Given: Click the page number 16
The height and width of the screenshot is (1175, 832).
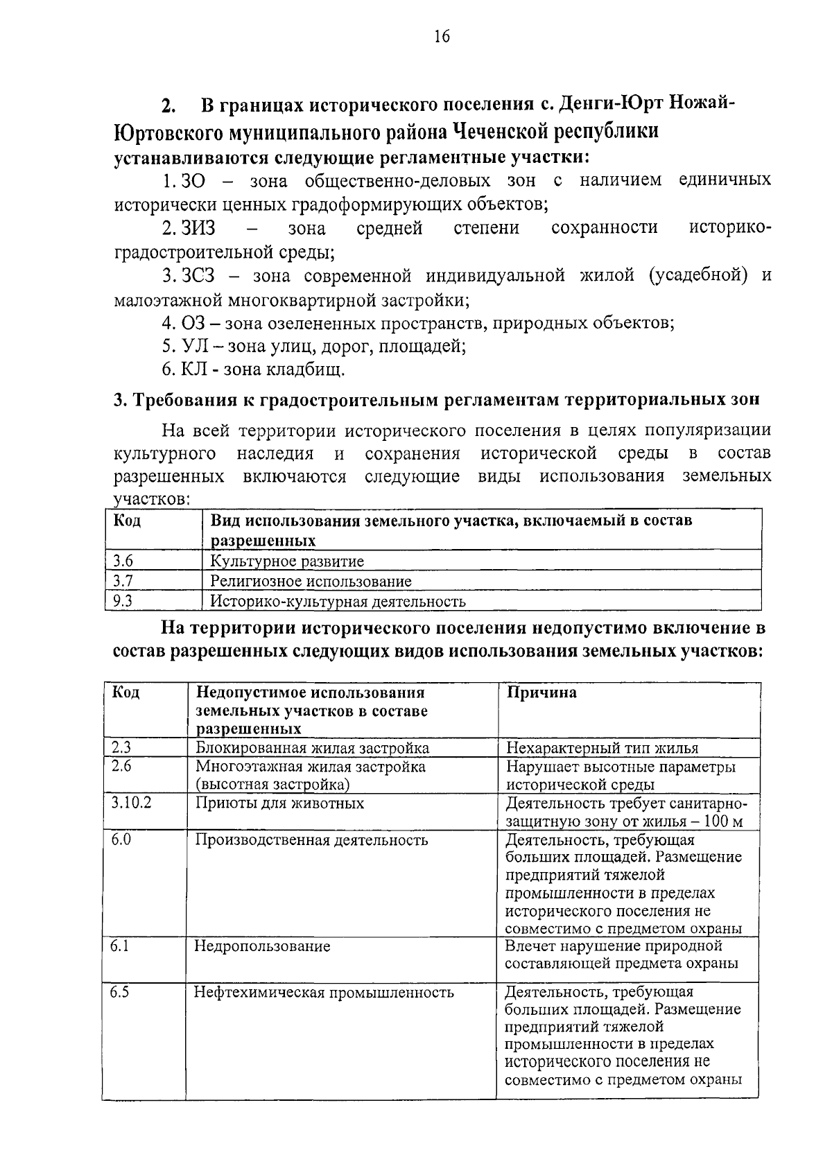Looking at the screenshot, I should click(441, 37).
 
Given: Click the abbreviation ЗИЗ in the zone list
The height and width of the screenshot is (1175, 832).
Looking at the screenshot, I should click(198, 228).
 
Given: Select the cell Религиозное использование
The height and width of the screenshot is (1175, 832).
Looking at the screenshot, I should click(311, 581).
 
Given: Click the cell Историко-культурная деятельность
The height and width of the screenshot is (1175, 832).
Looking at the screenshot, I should click(338, 601).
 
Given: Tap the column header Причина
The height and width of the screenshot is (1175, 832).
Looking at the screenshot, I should click(541, 693).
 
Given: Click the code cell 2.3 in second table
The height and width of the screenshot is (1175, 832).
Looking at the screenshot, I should click(121, 747).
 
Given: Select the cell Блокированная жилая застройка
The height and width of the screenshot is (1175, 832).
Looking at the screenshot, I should click(312, 748).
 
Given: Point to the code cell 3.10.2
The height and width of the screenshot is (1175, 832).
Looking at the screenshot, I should click(132, 803).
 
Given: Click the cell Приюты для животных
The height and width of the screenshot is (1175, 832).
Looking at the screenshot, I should click(279, 803).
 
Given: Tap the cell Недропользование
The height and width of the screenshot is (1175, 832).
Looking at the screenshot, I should click(262, 946).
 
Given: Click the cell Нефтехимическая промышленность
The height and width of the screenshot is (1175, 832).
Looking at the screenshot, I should click(324, 993).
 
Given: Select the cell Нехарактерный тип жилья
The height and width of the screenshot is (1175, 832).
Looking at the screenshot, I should click(602, 748).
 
